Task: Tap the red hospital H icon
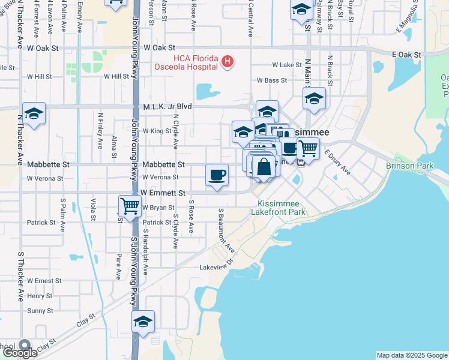[x=228, y=61]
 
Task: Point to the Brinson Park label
[x=409, y=165]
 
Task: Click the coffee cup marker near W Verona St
[x=217, y=175]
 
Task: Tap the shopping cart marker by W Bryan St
[x=130, y=206]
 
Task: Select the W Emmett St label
[x=163, y=193]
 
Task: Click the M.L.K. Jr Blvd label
[x=167, y=106]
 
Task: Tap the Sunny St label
[x=40, y=311]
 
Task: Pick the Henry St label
[x=40, y=296]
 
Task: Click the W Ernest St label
[x=44, y=281]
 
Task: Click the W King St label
[x=157, y=130]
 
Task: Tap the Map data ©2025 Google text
[x=412, y=355]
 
